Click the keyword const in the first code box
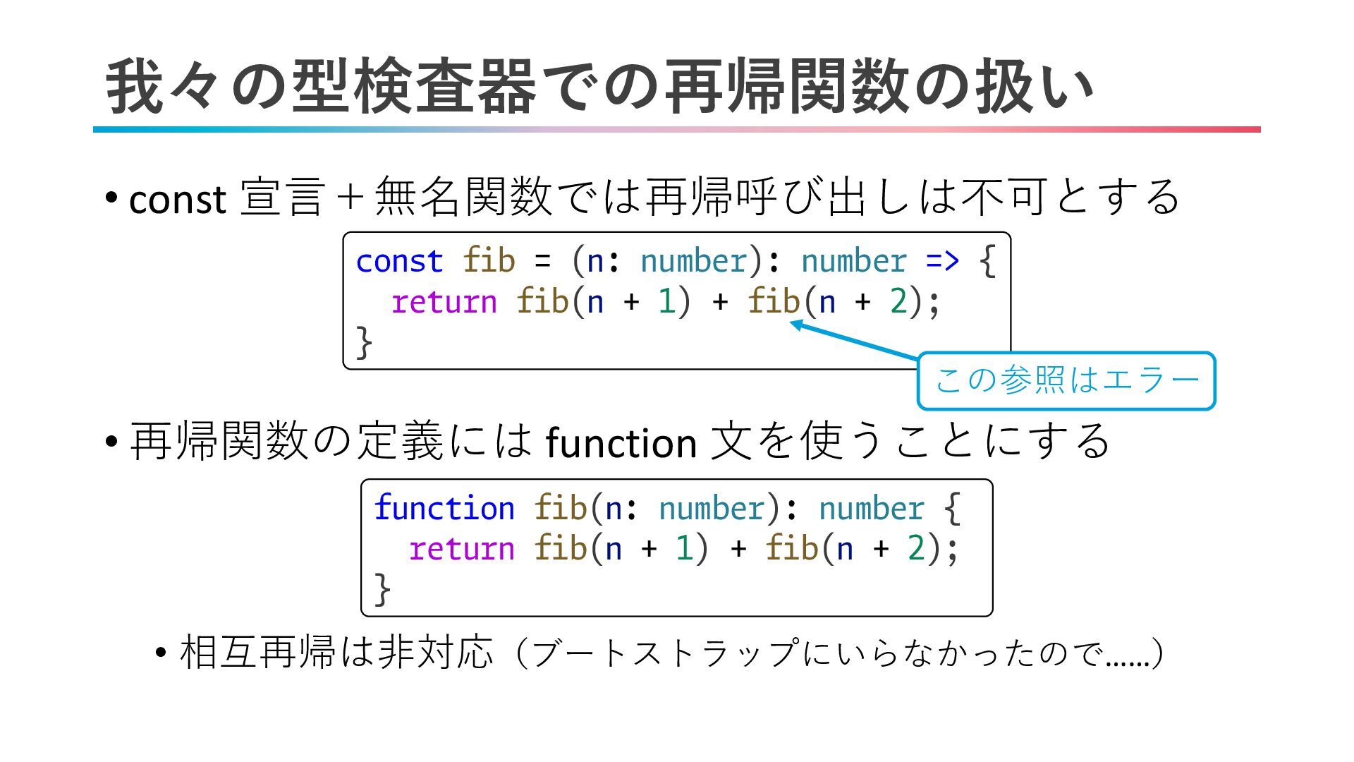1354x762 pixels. click(x=399, y=261)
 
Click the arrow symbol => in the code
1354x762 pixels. click(x=942, y=261)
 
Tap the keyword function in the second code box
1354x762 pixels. click(x=444, y=508)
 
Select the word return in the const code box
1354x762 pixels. click(x=444, y=302)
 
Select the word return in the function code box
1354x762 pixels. click(x=462, y=549)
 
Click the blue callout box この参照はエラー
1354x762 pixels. click(x=1066, y=381)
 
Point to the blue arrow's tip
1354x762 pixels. click(x=791, y=322)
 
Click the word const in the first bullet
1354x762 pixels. click(x=177, y=200)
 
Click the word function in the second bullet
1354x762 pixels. click(x=621, y=444)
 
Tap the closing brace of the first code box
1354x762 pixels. click(x=364, y=342)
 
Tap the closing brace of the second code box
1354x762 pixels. click(x=382, y=589)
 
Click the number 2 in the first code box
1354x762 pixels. click(x=898, y=302)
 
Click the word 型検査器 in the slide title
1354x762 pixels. click(x=413, y=88)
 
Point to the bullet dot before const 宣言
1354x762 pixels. click(x=111, y=197)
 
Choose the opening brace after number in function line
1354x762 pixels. click(x=951, y=508)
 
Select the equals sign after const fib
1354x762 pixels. click(x=542, y=261)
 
